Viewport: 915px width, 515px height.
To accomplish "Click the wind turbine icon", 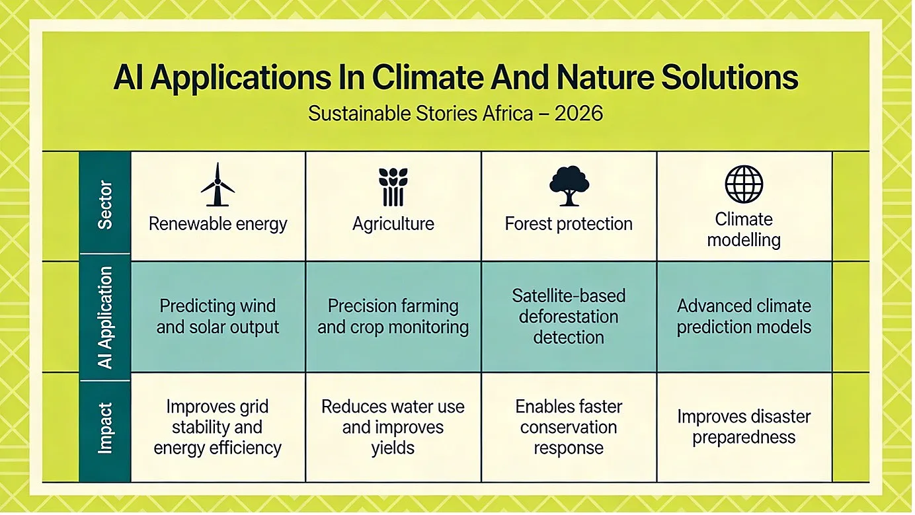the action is pyautogui.click(x=218, y=184).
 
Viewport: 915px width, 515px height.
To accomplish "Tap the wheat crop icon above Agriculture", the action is pyautogui.click(x=393, y=186).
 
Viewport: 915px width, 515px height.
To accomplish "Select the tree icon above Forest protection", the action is pyautogui.click(x=569, y=186).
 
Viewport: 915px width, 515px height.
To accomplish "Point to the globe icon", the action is pyautogui.click(x=744, y=184).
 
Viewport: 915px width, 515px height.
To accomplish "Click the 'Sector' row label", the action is pyautogui.click(x=105, y=204).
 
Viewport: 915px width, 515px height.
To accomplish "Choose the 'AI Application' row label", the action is pyautogui.click(x=105, y=318).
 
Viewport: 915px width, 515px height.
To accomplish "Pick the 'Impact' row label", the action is pyautogui.click(x=105, y=428).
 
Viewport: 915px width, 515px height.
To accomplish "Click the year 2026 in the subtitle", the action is pyautogui.click(x=578, y=113).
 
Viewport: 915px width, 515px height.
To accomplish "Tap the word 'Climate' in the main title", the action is pyautogui.click(x=428, y=77).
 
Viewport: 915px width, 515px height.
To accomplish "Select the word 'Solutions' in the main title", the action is pyautogui.click(x=729, y=77).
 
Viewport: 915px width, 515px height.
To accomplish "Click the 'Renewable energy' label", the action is pyautogui.click(x=218, y=224).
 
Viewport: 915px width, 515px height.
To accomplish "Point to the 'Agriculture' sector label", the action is pyautogui.click(x=393, y=224).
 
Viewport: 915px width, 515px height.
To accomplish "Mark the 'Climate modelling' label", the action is pyautogui.click(x=744, y=229).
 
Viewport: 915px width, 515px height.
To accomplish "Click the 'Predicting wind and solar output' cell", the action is pyautogui.click(x=218, y=317).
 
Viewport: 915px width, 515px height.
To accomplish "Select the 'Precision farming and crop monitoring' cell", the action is pyautogui.click(x=393, y=317).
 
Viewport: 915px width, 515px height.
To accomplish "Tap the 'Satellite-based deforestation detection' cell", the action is pyautogui.click(x=569, y=317).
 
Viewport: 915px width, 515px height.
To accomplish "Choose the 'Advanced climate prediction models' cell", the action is pyautogui.click(x=744, y=317).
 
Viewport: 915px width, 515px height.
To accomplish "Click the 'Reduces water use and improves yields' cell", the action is pyautogui.click(x=393, y=427).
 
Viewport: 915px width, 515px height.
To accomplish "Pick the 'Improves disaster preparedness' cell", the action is pyautogui.click(x=744, y=427).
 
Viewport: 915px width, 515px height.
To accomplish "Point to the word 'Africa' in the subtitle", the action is pyautogui.click(x=508, y=113).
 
